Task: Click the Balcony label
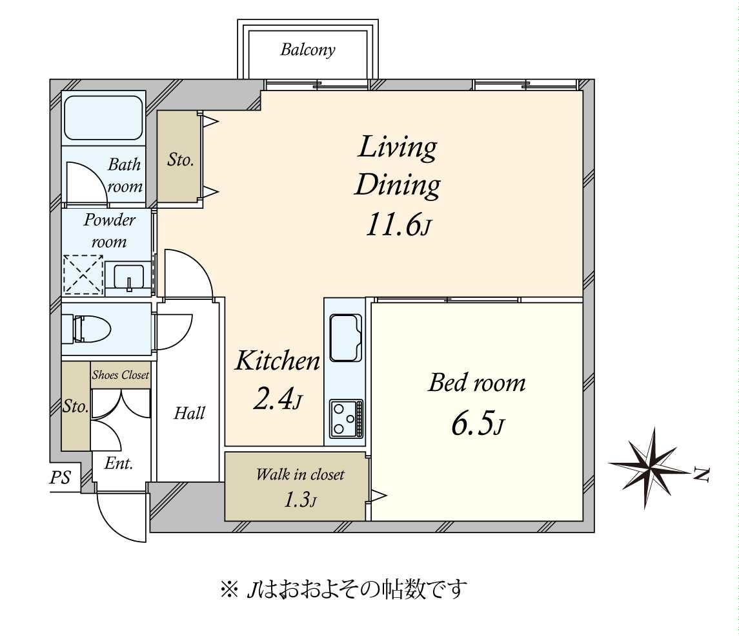tap(308, 50)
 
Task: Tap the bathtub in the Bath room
tap(103, 118)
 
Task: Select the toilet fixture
tap(92, 328)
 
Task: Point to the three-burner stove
tap(347, 418)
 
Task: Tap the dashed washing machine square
tap(83, 275)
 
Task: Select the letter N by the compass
tap(702, 474)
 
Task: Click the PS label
tap(60, 478)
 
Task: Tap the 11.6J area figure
tap(398, 224)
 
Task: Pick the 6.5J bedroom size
tap(478, 423)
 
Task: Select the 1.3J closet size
tap(299, 500)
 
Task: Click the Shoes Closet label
tap(121, 375)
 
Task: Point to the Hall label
tap(190, 413)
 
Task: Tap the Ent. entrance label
tap(119, 463)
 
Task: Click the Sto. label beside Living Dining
tap(181, 160)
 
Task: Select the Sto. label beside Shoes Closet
tap(76, 407)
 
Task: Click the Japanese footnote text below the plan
tap(343, 589)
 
